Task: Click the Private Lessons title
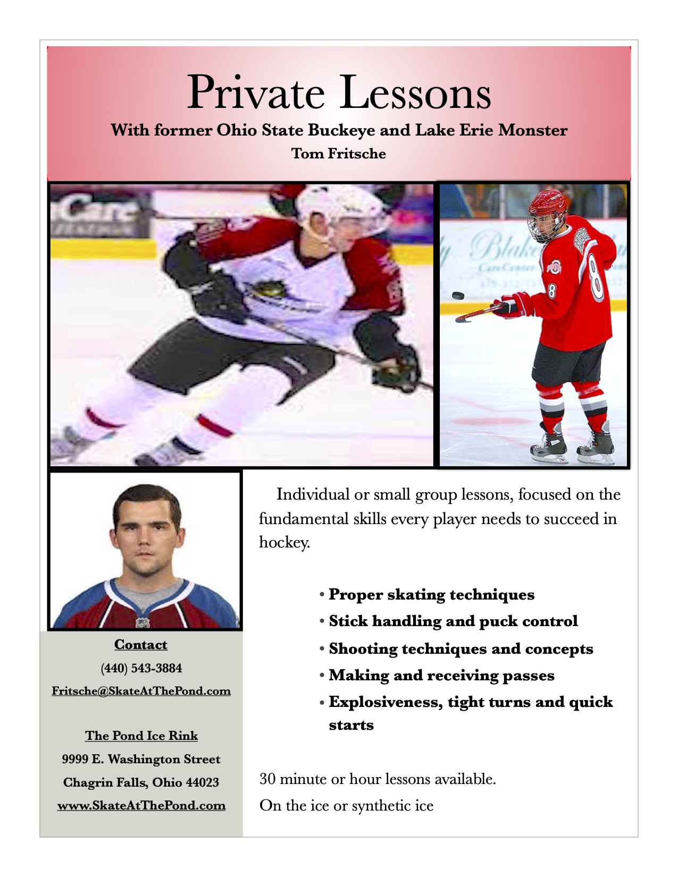click(339, 92)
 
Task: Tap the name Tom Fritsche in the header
click(339, 154)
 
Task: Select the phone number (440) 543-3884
click(141, 668)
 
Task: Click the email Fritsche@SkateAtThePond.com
click(141, 691)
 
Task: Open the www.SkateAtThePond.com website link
click(141, 805)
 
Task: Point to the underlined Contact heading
click(141, 645)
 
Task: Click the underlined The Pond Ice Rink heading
click(141, 736)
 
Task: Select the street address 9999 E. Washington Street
click(141, 759)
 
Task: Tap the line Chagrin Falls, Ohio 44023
click(141, 782)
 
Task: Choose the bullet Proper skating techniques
click(431, 594)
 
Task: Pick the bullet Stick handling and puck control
click(453, 621)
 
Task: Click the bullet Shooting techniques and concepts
click(461, 649)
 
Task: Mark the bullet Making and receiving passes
click(441, 676)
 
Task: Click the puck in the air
click(458, 296)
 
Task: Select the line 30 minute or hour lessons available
click(378, 779)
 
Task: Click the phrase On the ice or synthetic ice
click(346, 806)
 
